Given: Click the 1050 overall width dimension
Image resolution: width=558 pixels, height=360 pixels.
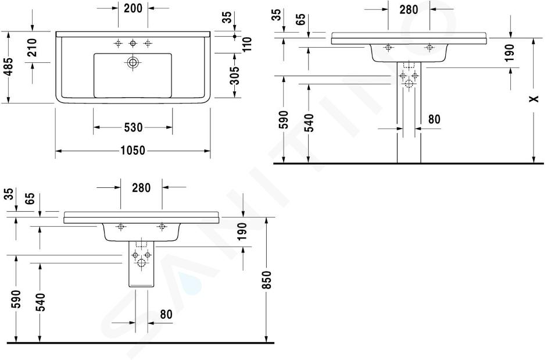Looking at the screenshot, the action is coord(133,151).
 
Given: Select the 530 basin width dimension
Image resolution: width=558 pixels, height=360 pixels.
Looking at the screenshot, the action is coord(133,127).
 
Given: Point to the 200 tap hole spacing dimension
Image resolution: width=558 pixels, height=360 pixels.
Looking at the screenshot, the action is coord(133,8).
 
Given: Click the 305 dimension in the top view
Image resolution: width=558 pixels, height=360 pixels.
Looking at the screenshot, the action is coord(234,76).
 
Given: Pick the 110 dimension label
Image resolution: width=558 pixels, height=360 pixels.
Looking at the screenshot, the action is coord(247,44).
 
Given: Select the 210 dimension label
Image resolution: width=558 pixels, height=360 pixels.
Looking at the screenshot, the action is coord(33,47).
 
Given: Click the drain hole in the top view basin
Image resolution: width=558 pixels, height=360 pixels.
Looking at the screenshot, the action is coord(133,63).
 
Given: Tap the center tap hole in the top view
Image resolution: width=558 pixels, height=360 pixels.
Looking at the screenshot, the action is coord(133,44).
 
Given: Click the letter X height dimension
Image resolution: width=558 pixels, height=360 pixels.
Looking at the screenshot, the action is coord(534,99).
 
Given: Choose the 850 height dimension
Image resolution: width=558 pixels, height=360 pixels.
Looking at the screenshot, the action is coord(267,280).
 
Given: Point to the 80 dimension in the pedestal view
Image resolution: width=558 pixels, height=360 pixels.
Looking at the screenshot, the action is coord(434,119).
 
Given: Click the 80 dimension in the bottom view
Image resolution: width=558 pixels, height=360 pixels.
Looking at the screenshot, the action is coord(166,315).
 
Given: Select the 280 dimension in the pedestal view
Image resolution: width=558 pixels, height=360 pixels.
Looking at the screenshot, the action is coord(409,10).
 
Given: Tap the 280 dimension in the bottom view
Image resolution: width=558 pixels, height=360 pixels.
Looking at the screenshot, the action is coord(141,188).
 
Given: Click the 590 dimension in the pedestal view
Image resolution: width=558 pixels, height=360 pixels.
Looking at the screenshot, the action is coord(284,119).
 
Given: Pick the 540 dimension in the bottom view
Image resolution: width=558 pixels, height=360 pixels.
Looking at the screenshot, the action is coord(42,302).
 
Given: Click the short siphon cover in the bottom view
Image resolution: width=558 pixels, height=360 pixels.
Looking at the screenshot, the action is coord(141,263).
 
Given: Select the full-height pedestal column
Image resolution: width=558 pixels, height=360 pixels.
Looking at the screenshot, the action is coord(409,112).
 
